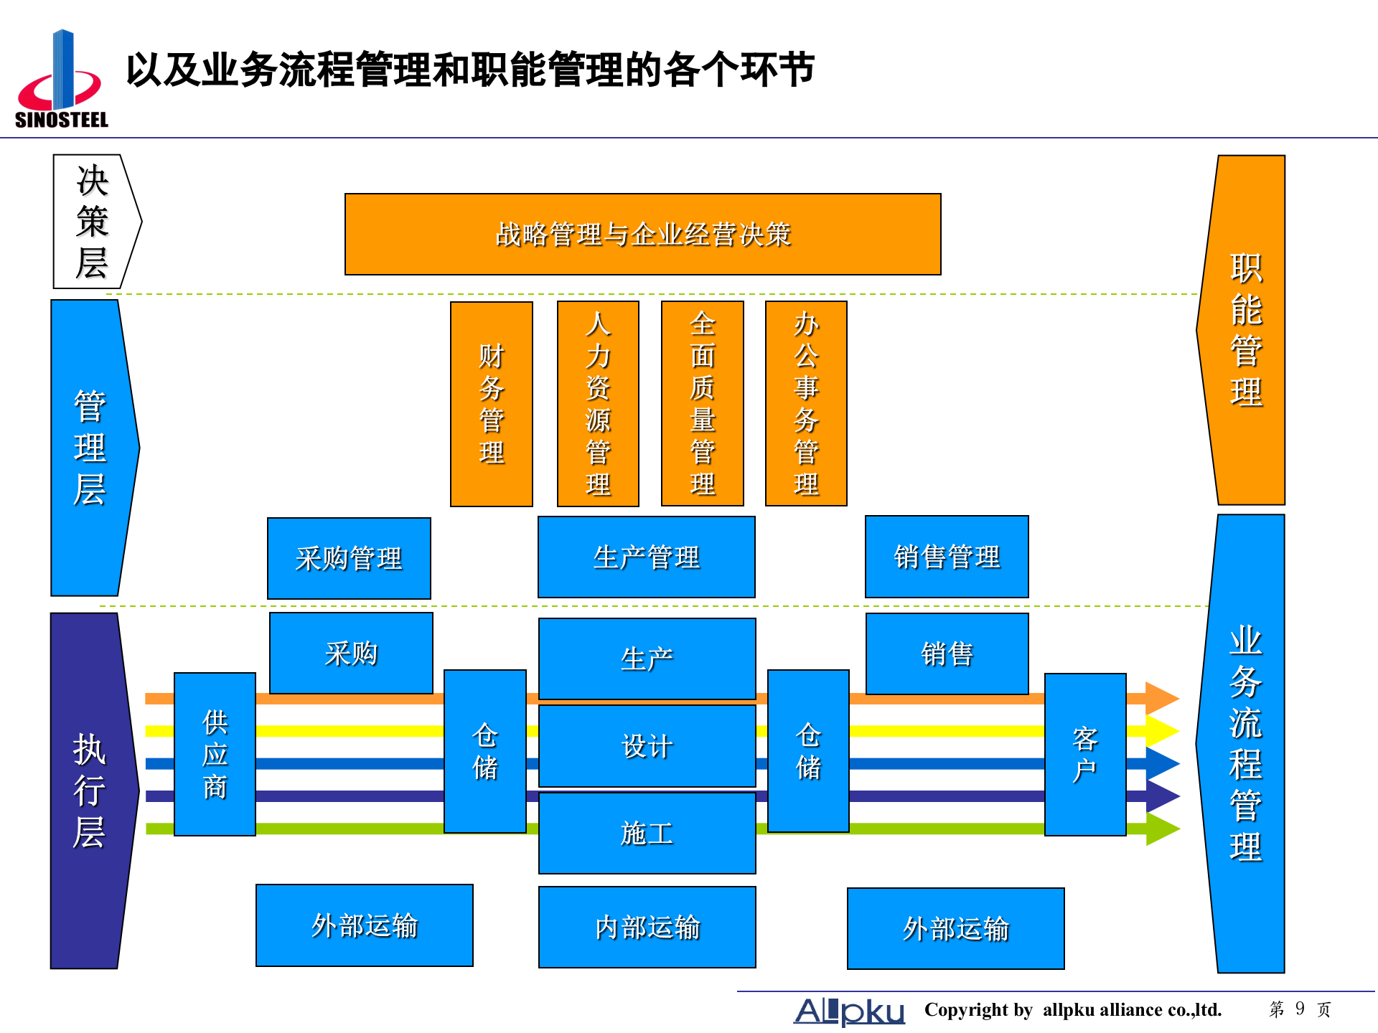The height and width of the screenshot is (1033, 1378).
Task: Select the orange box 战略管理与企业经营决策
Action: [x=642, y=235]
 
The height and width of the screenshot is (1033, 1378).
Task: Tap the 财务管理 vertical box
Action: [x=492, y=404]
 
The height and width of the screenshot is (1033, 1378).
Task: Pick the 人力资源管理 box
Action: [x=598, y=404]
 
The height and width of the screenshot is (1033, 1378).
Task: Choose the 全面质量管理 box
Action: [x=702, y=404]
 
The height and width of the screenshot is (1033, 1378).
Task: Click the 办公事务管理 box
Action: [x=806, y=404]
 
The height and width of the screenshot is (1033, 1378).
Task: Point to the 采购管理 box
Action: [x=349, y=558]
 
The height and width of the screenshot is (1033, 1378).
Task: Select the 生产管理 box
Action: [x=646, y=557]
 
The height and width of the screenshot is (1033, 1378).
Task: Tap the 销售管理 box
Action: [x=947, y=557]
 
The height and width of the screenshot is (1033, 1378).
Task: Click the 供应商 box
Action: [x=215, y=754]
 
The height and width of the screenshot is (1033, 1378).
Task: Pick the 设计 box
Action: [x=647, y=746]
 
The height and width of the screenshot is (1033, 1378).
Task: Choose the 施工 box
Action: [x=647, y=833]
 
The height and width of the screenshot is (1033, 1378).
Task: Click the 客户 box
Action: [x=1084, y=754]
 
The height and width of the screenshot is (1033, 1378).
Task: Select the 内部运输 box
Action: [x=647, y=927]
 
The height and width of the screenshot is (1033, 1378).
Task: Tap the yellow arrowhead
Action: [x=1161, y=731]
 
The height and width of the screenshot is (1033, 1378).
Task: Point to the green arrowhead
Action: [x=1161, y=829]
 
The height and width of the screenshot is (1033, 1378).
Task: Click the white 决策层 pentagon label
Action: [x=93, y=222]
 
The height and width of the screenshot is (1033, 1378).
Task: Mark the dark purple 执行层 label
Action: [x=90, y=791]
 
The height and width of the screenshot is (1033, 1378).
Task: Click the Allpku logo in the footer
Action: [x=849, y=1011]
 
